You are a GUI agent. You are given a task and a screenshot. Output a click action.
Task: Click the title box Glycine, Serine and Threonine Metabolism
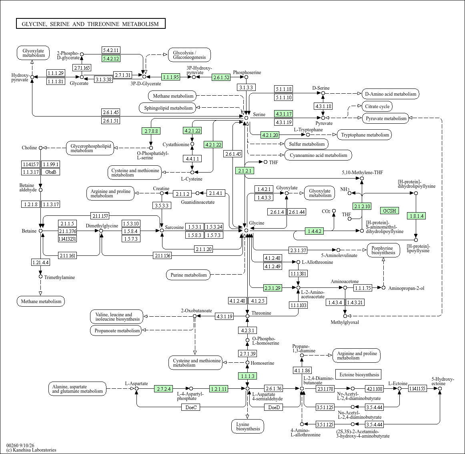point(90,24)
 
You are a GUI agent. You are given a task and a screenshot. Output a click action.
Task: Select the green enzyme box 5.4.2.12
point(110,58)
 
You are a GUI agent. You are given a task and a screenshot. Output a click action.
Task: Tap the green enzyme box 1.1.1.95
point(170,77)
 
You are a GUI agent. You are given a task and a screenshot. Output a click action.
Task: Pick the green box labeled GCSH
point(389,211)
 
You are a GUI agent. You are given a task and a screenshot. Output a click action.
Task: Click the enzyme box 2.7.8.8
point(151,131)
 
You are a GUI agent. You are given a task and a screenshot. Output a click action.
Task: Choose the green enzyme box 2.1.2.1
point(245,171)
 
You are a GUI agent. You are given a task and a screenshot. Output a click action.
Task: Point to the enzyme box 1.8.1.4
point(416,216)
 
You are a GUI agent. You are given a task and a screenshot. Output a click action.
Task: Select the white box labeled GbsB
point(51,172)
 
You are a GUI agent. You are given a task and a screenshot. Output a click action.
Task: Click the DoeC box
point(191,408)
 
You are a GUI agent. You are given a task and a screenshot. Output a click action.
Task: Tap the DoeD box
point(274,408)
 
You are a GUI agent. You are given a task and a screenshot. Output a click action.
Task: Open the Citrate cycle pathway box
point(377,106)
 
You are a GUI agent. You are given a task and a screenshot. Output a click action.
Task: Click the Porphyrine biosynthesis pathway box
point(383,251)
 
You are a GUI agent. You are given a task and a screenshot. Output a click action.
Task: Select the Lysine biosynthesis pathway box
point(248,426)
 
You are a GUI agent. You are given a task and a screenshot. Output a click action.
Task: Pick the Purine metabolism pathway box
point(188,275)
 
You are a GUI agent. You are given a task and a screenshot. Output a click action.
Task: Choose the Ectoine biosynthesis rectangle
point(359,374)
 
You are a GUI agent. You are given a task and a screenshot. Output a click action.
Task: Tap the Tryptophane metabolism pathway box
point(365,135)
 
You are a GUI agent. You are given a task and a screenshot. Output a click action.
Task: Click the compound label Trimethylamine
point(60,277)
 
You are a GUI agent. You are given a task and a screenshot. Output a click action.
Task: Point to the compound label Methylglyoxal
point(345,322)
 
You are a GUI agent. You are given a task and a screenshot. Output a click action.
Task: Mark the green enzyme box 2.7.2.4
point(164,389)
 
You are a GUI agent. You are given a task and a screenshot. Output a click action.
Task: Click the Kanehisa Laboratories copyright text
point(31,450)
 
